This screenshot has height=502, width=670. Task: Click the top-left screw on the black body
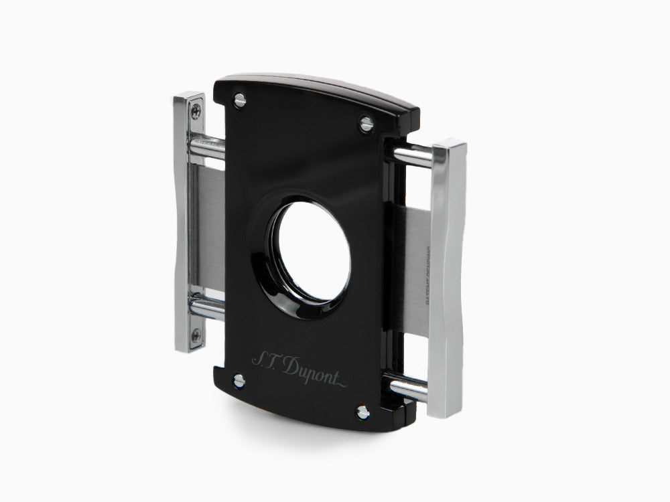(x=239, y=100)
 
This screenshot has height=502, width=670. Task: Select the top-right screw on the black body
(x=366, y=123)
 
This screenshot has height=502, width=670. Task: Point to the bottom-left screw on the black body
(x=239, y=380)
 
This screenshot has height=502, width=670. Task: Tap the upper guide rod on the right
(x=410, y=155)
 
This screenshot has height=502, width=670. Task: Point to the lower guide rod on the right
(x=406, y=388)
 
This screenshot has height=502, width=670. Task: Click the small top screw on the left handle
(x=196, y=108)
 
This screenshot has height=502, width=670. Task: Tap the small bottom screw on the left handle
(x=194, y=337)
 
